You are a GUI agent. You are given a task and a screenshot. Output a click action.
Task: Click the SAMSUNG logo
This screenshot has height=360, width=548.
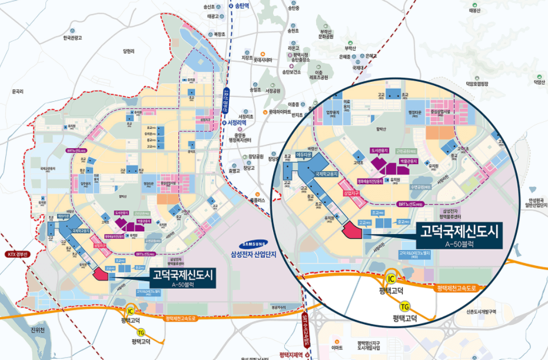253,245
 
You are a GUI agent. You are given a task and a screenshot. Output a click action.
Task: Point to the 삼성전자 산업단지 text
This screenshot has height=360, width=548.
253,254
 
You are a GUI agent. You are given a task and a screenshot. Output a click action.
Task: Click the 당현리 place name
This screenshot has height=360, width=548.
129,51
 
